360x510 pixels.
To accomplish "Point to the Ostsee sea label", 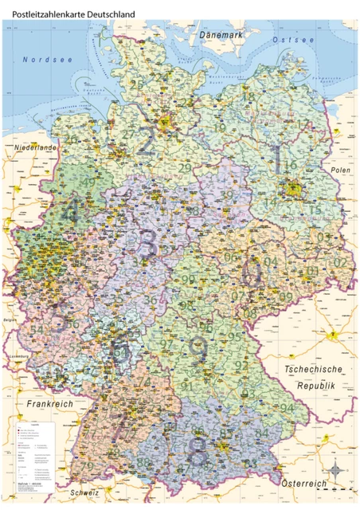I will (x=293, y=39).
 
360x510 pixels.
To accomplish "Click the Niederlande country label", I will (x=34, y=148).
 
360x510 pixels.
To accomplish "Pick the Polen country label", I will (x=341, y=171).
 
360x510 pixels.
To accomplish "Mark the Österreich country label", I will (x=304, y=484).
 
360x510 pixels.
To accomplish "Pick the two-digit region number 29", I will (x=184, y=167).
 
